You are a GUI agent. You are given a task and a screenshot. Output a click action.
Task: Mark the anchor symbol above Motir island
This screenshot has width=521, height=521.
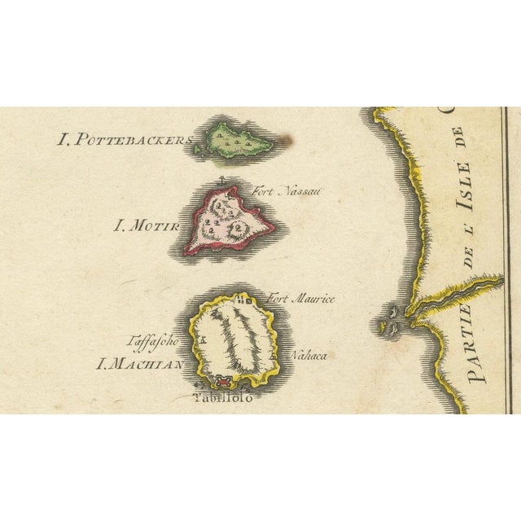pos(221,181)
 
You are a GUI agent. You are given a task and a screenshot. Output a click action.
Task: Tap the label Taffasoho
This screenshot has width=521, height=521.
pos(153,342)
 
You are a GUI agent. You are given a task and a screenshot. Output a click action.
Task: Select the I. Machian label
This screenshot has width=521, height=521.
pos(139,364)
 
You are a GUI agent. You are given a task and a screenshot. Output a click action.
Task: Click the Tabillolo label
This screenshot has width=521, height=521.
pos(221,397)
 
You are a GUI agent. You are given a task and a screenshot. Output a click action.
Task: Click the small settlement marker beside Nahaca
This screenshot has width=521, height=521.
pos(274,356)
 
